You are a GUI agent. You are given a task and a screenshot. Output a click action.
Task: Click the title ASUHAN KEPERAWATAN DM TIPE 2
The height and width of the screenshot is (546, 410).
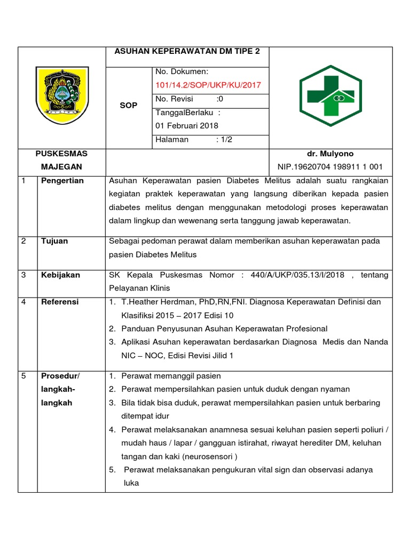[187, 52]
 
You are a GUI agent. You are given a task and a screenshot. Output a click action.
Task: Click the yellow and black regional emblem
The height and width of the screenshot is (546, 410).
[62, 95]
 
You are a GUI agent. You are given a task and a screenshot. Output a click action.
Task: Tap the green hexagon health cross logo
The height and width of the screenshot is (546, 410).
[331, 95]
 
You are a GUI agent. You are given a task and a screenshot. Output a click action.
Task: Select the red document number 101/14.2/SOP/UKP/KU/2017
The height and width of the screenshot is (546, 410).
[208, 85]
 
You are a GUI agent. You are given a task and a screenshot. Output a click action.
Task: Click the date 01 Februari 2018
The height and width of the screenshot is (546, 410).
[186, 126]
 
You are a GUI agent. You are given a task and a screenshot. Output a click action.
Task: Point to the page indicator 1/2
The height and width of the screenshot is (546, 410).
[226, 140]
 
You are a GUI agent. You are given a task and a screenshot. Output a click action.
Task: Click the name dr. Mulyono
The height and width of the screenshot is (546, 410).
[330, 154]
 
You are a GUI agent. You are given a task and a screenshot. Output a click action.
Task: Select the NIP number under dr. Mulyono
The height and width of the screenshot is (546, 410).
[330, 167]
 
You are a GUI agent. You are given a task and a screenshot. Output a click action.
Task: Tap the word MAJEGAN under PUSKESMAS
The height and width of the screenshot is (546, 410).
[61, 167]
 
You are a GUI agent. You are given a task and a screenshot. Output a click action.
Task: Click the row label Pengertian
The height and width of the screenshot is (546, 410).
[62, 181]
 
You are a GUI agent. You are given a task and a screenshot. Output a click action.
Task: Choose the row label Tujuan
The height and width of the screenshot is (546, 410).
[54, 241]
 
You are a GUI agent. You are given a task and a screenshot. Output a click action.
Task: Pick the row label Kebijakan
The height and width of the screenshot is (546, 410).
[60, 275]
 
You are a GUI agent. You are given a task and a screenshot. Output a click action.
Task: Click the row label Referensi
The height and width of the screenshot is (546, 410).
[60, 302]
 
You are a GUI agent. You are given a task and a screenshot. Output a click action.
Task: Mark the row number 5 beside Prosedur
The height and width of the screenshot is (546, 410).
[23, 376]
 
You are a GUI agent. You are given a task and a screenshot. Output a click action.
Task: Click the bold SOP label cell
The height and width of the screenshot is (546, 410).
[129, 106]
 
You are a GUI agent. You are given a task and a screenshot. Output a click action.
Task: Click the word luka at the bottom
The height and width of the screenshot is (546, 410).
[131, 483]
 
